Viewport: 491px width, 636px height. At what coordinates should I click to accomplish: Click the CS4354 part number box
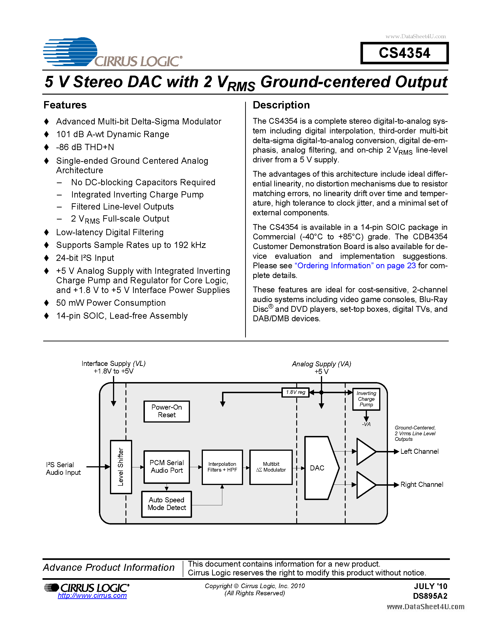(x=404, y=53)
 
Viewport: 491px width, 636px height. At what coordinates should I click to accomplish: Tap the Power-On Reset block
(x=166, y=411)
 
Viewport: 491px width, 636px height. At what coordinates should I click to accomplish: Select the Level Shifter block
(x=121, y=467)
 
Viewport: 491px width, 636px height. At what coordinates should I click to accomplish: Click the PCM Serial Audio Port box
(x=166, y=466)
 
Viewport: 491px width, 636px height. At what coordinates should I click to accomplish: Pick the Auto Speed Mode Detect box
(x=166, y=504)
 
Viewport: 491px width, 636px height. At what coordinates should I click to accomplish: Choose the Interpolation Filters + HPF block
(x=222, y=467)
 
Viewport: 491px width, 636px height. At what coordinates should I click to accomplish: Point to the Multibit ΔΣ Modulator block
(x=271, y=467)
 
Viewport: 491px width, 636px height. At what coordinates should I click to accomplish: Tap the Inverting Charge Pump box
(x=366, y=399)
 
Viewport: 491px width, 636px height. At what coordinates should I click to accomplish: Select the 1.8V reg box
(x=295, y=392)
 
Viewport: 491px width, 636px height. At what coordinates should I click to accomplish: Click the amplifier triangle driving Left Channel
(x=365, y=451)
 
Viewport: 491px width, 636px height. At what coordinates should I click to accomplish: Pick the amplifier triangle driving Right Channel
(x=365, y=485)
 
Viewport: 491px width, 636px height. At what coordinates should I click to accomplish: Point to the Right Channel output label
(x=421, y=485)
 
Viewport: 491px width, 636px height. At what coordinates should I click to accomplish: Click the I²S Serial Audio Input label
(x=63, y=469)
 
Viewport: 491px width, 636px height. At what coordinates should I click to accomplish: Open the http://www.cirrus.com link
(x=92, y=596)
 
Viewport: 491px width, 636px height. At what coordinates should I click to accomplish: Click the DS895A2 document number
(x=430, y=596)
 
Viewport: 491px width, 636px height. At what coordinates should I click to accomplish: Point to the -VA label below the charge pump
(x=366, y=424)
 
